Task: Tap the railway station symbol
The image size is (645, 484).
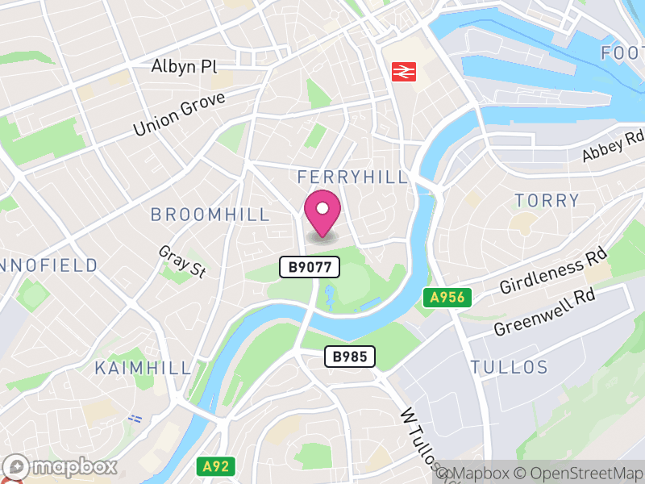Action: click(x=400, y=72)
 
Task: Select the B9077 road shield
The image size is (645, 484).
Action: click(x=310, y=267)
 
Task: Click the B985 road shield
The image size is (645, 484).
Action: click(x=350, y=357)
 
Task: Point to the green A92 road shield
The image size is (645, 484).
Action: click(x=214, y=465)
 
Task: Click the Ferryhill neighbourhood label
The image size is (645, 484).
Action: click(x=352, y=177)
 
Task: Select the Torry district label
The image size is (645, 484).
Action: click(x=547, y=200)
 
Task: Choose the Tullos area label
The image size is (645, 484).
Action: click(x=509, y=368)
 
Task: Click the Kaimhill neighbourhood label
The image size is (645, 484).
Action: click(x=144, y=369)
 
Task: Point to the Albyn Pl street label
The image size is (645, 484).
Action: click(x=185, y=66)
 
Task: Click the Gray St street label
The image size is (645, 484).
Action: click(x=182, y=262)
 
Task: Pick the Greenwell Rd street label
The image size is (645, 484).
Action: click(x=544, y=312)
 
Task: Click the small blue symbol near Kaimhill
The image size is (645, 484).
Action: click(x=135, y=419)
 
